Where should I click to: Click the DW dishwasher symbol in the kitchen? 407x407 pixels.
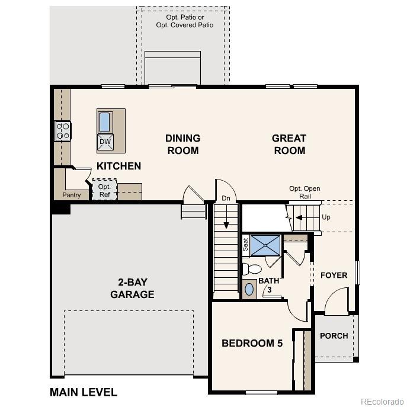tap(105, 141)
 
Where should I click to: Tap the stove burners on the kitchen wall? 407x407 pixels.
tap(63, 130)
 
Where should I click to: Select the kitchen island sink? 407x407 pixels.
tap(104, 122)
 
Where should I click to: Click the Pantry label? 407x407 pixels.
tap(71, 195)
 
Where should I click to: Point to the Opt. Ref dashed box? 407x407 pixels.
tap(104, 190)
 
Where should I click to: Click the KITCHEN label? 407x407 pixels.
tap(118, 166)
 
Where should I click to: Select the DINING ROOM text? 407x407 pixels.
tap(182, 144)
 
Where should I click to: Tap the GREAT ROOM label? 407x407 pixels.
tap(289, 144)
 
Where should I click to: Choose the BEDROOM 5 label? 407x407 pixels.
tap(252, 343)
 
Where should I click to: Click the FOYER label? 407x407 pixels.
tap(334, 275)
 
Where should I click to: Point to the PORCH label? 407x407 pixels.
tap(334, 335)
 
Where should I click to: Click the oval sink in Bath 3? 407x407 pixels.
tap(249, 290)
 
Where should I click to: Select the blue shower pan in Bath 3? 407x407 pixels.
tap(265, 245)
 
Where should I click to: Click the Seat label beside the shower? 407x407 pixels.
tap(245, 243)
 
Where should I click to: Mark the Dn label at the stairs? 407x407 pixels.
tap(226, 198)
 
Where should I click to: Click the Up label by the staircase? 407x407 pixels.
tap(326, 217)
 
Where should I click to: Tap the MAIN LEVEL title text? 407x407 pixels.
tap(84, 392)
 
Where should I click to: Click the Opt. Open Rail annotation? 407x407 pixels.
tap(305, 193)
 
